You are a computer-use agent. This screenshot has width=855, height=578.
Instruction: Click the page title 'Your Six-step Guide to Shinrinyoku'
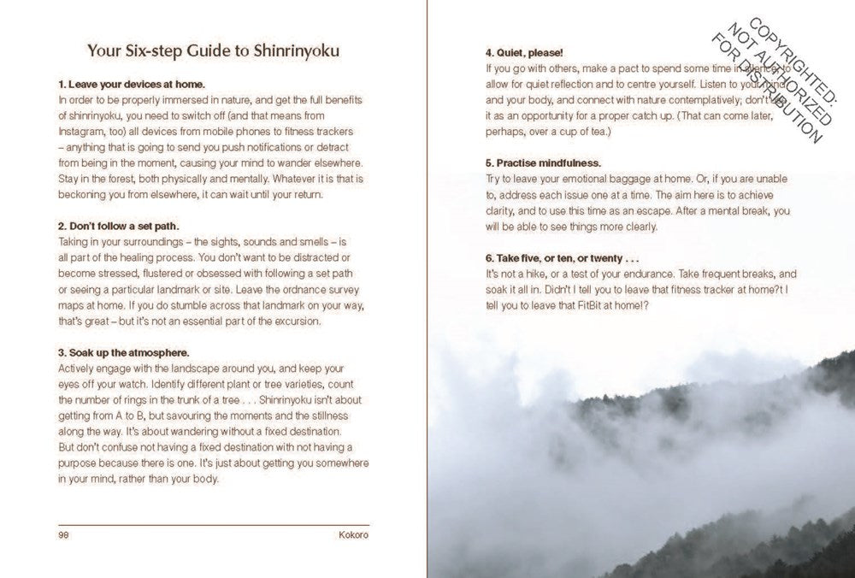tap(213, 50)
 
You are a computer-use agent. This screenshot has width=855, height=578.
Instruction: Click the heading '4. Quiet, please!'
tap(524, 52)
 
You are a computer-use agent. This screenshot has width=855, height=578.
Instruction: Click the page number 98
tap(63, 535)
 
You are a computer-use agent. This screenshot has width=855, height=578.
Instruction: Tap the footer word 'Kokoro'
tap(353, 535)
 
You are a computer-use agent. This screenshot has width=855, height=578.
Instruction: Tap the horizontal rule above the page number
tap(214, 525)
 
